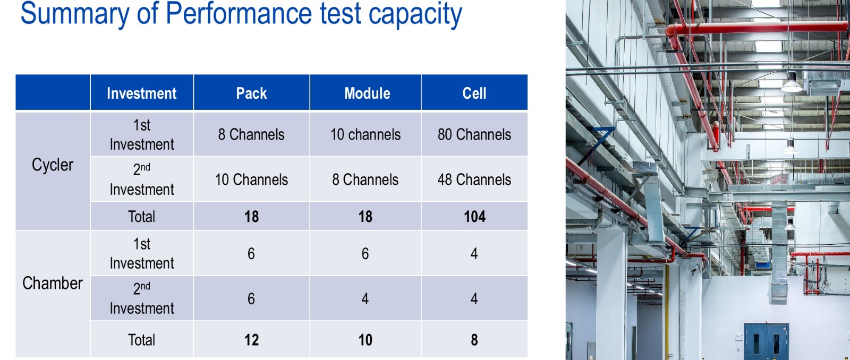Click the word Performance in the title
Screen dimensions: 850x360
(239, 14)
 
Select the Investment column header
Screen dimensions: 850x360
(141, 93)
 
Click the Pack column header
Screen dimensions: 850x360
(251, 93)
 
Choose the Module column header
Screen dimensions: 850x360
(367, 93)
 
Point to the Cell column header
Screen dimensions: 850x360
(474, 93)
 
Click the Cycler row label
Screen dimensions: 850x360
(53, 165)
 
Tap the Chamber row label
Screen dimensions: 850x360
(53, 283)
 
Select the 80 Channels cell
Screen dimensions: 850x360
(474, 134)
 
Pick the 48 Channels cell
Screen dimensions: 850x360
(474, 179)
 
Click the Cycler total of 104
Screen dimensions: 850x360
(475, 217)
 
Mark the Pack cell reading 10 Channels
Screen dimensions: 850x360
(251, 179)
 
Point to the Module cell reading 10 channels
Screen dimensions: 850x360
(365, 134)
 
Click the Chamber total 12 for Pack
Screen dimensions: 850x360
(252, 339)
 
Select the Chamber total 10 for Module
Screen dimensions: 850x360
(365, 339)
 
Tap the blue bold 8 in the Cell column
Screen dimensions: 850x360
(474, 339)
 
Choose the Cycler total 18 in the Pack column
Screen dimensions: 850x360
(252, 217)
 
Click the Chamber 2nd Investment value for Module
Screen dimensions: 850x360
(365, 298)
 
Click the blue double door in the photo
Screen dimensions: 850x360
(766, 341)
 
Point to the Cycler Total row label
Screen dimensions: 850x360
(141, 217)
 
